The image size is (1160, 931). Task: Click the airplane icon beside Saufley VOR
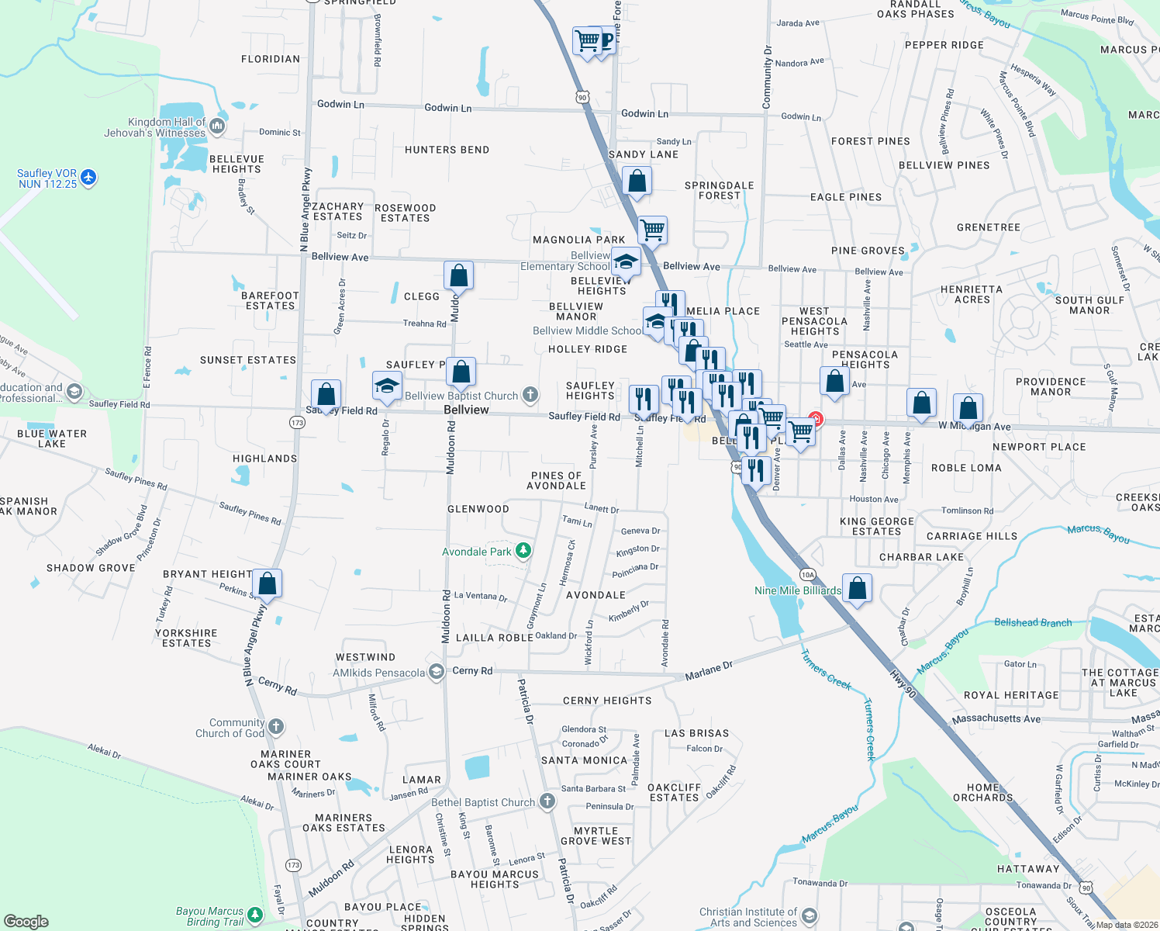click(88, 178)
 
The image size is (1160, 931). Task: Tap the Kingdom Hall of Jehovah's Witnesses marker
click(217, 126)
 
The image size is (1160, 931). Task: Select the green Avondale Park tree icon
click(523, 551)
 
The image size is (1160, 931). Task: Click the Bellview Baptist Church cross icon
click(530, 395)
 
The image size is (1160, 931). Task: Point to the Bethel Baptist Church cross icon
click(547, 801)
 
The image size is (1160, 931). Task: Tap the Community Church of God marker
click(276, 727)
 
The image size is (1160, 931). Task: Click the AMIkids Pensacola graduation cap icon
click(437, 672)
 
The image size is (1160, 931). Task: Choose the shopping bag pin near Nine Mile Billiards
click(857, 587)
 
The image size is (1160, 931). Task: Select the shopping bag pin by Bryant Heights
click(267, 583)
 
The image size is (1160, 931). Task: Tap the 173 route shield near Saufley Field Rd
click(297, 422)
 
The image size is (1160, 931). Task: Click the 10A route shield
click(808, 575)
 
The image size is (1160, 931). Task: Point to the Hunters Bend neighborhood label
click(447, 150)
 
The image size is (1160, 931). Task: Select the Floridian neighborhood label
click(271, 59)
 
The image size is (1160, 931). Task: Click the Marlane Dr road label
click(709, 671)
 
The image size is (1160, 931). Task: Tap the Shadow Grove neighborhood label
click(91, 568)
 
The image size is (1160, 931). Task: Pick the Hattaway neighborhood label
click(1028, 869)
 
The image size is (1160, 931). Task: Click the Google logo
click(26, 922)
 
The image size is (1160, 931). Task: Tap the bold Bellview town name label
click(466, 410)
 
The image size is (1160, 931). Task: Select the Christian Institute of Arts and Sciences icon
click(810, 916)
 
